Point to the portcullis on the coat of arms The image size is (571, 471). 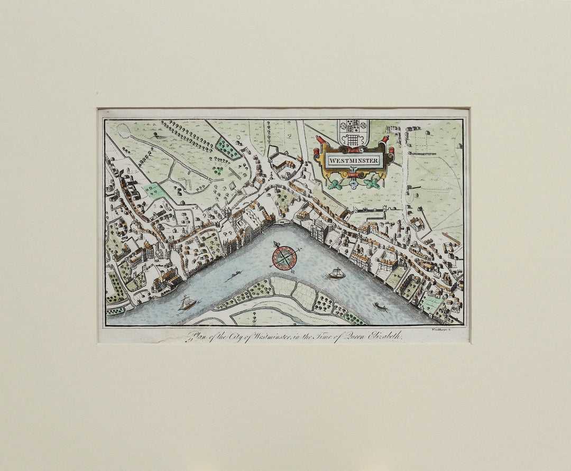(354, 139)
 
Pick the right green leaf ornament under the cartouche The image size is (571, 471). (373, 183)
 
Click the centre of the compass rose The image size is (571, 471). (284, 257)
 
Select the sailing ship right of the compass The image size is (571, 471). (336, 273)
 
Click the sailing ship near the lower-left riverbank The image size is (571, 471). (187, 303)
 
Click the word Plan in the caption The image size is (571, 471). (196, 336)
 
